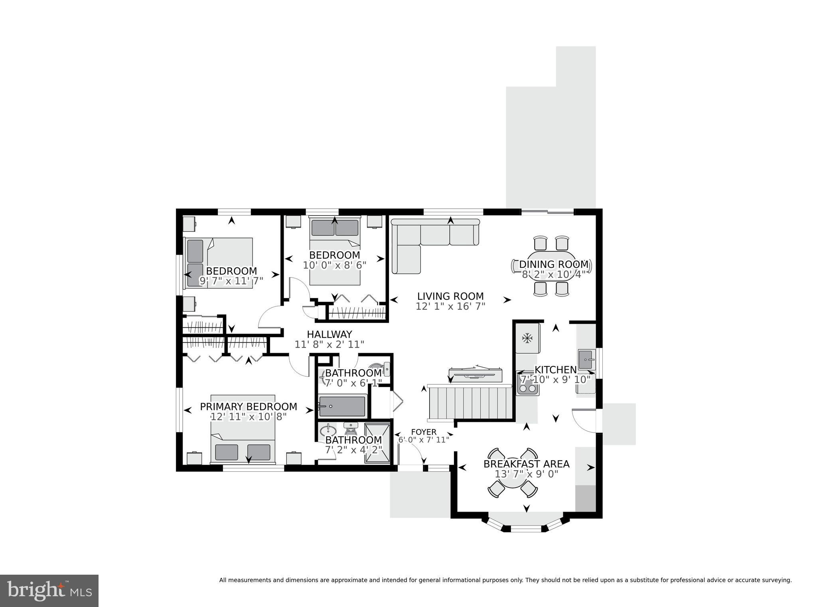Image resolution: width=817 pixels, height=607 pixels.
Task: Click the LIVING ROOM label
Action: pos(450,297)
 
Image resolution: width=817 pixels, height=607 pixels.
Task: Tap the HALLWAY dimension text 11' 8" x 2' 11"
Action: pos(329,344)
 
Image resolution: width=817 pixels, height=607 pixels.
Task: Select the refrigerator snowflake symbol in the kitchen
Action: pos(528,338)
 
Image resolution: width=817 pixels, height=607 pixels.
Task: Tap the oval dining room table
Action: pos(552,265)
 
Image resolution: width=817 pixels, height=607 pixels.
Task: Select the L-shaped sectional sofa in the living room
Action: pos(423,239)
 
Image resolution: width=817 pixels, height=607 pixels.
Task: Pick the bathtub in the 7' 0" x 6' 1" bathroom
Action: pos(343,406)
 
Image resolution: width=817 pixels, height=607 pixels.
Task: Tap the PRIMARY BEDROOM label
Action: pos(248,407)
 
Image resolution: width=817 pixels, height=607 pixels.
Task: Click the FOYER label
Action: pos(424,432)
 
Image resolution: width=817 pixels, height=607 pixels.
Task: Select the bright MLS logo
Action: pos(49,591)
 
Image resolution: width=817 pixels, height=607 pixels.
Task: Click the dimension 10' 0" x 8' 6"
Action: pos(334,265)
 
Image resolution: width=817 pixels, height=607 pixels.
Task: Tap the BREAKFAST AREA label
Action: pos(526,464)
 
